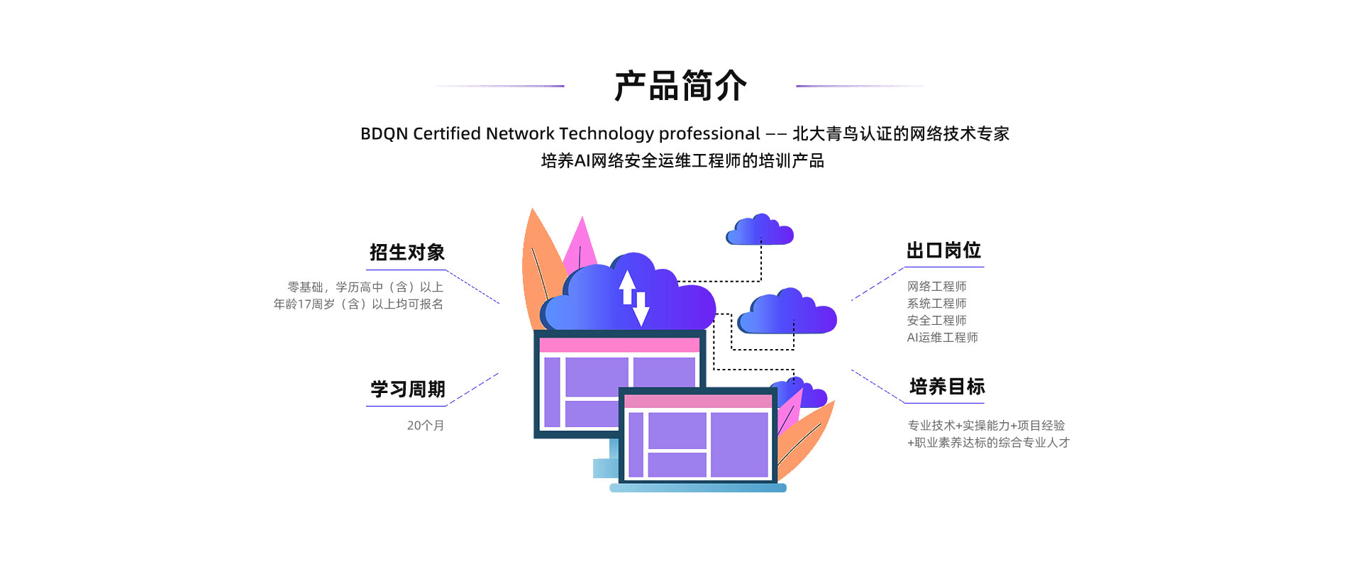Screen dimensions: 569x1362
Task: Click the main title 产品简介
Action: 680,86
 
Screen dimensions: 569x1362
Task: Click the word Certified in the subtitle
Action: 446,133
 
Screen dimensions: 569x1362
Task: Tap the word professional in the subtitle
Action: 709,133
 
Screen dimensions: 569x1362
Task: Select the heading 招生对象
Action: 406,253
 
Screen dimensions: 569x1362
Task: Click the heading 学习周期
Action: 407,390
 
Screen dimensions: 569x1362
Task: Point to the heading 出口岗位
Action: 943,250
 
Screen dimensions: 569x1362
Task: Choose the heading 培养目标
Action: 946,387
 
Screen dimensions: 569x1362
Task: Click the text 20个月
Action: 425,426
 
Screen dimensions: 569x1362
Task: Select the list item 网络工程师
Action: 936,287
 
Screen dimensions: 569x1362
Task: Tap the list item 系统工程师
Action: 936,304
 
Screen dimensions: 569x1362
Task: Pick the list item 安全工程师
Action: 936,321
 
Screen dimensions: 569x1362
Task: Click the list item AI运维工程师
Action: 942,338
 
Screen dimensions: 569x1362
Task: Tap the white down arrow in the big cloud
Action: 641,309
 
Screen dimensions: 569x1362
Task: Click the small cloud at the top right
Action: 759,231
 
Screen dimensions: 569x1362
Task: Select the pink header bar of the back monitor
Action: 619,346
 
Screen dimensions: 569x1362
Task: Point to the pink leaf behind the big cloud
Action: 581,245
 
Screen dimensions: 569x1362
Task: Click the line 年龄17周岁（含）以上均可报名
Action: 358,304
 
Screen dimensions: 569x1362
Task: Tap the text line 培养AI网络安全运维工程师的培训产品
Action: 682,161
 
